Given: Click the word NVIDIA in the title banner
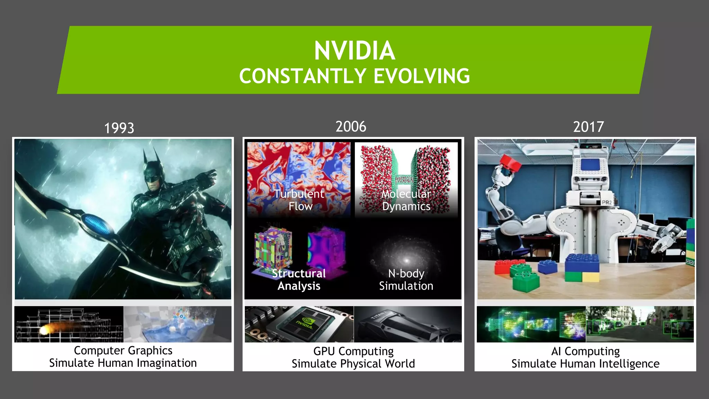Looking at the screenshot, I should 354,51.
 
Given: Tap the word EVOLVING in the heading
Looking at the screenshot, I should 422,76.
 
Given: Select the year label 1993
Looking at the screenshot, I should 119,128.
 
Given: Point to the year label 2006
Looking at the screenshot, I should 351,127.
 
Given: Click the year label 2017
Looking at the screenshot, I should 588,127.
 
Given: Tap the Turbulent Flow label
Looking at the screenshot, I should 299,200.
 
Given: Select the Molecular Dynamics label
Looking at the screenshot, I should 406,200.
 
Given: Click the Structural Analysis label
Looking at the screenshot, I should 299,280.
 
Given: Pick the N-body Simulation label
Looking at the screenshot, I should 406,280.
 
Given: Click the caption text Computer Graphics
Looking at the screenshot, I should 123,351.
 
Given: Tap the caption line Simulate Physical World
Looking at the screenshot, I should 353,364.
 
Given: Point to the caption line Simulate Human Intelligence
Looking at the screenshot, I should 585,364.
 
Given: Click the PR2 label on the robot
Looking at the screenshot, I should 607,202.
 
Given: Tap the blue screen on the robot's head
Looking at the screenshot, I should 591,165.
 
